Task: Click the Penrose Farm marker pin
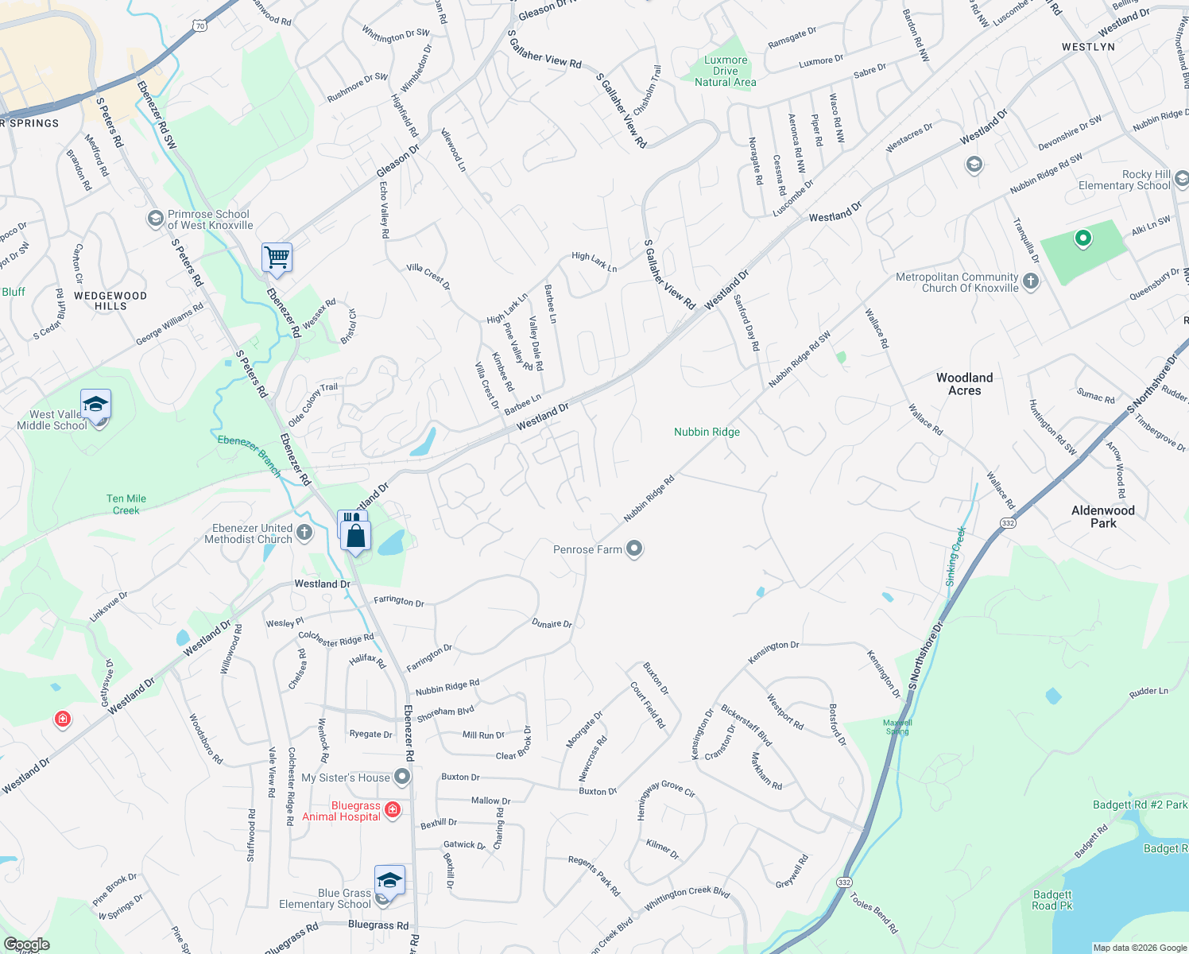(634, 549)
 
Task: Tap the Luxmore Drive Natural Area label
(726, 71)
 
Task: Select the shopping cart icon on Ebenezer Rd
(277, 257)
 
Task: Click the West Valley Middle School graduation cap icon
(95, 405)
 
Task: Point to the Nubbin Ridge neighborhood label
(707, 432)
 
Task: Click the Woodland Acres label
(964, 384)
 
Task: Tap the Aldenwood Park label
(1102, 517)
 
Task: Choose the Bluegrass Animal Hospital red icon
(393, 810)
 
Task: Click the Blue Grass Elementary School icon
(389, 880)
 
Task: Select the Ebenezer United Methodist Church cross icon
(304, 531)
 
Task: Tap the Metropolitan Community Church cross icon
(1031, 281)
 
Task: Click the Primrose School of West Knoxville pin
(156, 219)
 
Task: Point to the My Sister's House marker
(403, 777)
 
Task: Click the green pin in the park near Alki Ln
(1082, 238)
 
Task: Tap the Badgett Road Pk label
(1052, 900)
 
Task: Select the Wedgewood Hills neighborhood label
(110, 301)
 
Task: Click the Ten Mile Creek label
(126, 505)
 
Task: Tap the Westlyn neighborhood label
(1088, 47)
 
